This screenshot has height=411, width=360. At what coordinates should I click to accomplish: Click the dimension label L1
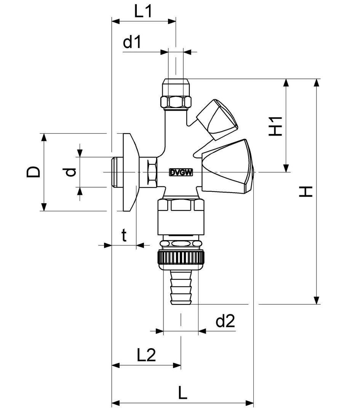(x=143, y=12)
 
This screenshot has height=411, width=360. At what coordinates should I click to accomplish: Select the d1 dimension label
(x=132, y=43)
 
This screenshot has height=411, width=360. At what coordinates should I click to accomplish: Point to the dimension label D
(x=34, y=172)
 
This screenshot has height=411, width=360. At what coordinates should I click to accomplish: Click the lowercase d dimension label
(x=70, y=172)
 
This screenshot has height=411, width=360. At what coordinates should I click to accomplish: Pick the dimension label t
(x=124, y=236)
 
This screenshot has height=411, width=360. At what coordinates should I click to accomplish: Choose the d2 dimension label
(x=225, y=322)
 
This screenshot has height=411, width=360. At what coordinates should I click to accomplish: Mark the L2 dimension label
(x=146, y=356)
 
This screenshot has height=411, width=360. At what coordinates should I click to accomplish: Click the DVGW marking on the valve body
(x=181, y=172)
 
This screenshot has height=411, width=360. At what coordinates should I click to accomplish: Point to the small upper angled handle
(x=216, y=119)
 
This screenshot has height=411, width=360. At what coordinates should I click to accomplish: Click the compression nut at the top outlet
(x=176, y=94)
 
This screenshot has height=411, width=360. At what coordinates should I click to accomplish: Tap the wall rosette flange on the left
(x=128, y=172)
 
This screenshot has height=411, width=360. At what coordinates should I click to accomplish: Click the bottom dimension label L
(x=183, y=392)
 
